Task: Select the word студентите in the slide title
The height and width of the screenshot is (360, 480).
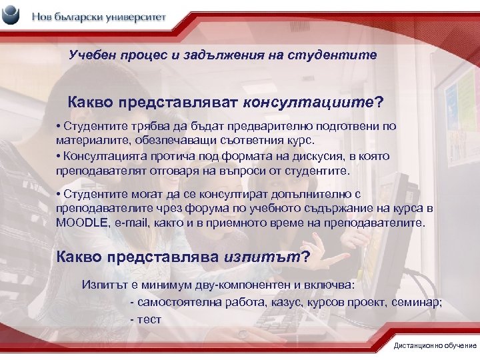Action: pos(340,55)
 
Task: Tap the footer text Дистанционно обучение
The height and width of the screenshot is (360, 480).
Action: pos(435,345)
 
